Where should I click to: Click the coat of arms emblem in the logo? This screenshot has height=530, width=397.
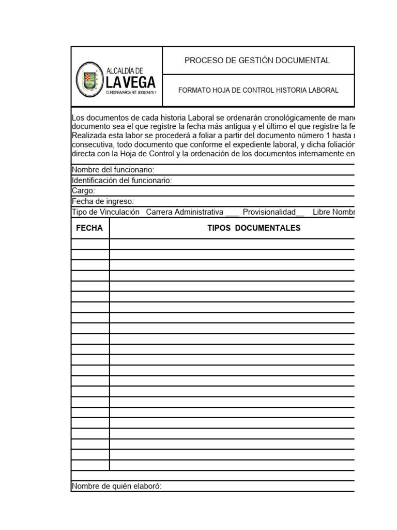point(89,80)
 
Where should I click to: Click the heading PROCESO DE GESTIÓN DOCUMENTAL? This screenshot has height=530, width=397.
point(257,61)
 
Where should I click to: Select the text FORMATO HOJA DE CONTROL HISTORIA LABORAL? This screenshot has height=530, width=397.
point(258,90)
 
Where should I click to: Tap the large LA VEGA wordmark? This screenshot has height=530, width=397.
point(131,83)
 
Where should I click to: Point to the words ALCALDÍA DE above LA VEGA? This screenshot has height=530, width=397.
point(125,71)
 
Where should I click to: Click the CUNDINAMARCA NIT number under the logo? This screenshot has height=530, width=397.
point(131,93)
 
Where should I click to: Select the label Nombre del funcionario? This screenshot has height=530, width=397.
point(113,170)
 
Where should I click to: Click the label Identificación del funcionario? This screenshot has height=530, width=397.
point(121,180)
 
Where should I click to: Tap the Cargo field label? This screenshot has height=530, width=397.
point(83,190)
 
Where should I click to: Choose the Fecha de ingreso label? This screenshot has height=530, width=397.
point(103,201)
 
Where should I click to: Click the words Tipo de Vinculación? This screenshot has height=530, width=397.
point(105,212)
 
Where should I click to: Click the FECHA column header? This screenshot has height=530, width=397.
point(89,228)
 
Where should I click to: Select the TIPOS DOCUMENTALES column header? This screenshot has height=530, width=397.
point(253,228)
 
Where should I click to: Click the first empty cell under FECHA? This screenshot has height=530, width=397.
point(90,244)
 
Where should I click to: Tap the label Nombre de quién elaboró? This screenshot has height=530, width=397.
point(116,486)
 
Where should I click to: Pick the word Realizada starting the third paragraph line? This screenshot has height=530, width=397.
point(88,136)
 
